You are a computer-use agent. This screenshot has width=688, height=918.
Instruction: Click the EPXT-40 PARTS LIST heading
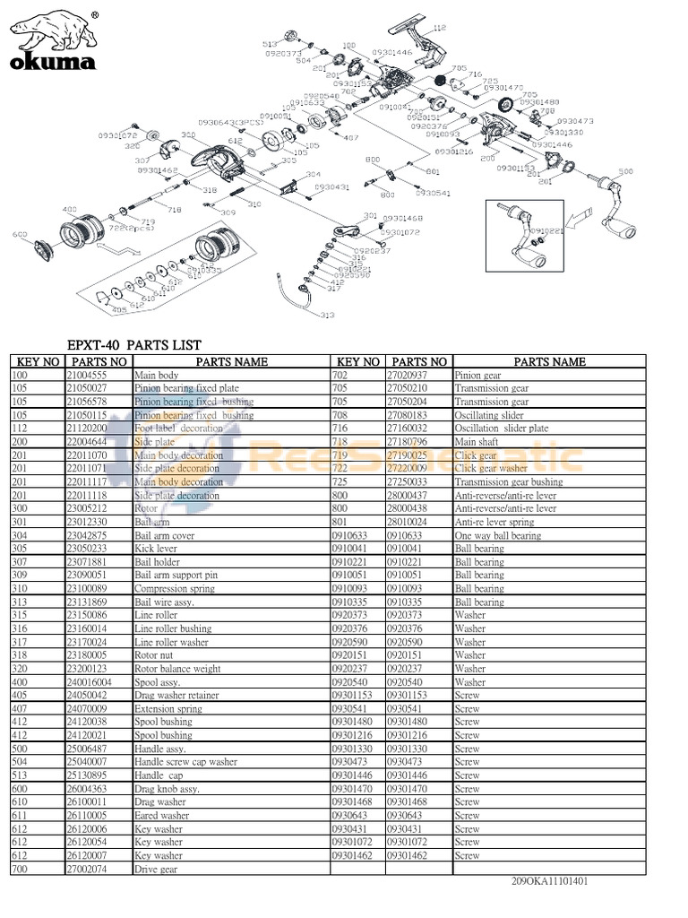[x=135, y=345]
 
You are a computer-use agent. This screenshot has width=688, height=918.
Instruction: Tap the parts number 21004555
[x=88, y=376]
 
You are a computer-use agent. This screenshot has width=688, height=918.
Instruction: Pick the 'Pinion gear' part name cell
[x=478, y=376]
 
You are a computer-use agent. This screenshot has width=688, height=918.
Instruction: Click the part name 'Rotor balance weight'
[x=176, y=669]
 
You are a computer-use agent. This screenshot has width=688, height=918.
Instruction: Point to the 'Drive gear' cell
[x=156, y=869]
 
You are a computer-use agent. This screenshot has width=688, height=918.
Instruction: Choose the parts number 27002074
[x=88, y=869]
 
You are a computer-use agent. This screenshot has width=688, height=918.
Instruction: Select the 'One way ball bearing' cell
[x=498, y=535]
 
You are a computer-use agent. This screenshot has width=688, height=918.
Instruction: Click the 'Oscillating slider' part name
[x=489, y=416]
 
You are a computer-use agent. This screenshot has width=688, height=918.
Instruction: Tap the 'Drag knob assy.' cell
[x=167, y=789]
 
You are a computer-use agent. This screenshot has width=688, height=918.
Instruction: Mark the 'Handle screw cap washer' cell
[x=185, y=762]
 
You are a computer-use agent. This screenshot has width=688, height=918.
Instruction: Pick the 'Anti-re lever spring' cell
[x=494, y=522]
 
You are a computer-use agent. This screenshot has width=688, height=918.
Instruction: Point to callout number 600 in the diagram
[x=19, y=236]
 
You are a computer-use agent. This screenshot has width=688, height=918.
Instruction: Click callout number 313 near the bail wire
[x=327, y=315]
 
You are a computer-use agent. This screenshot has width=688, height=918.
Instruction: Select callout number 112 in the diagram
[x=439, y=30]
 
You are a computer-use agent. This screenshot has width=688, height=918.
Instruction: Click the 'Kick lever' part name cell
[x=156, y=549]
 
